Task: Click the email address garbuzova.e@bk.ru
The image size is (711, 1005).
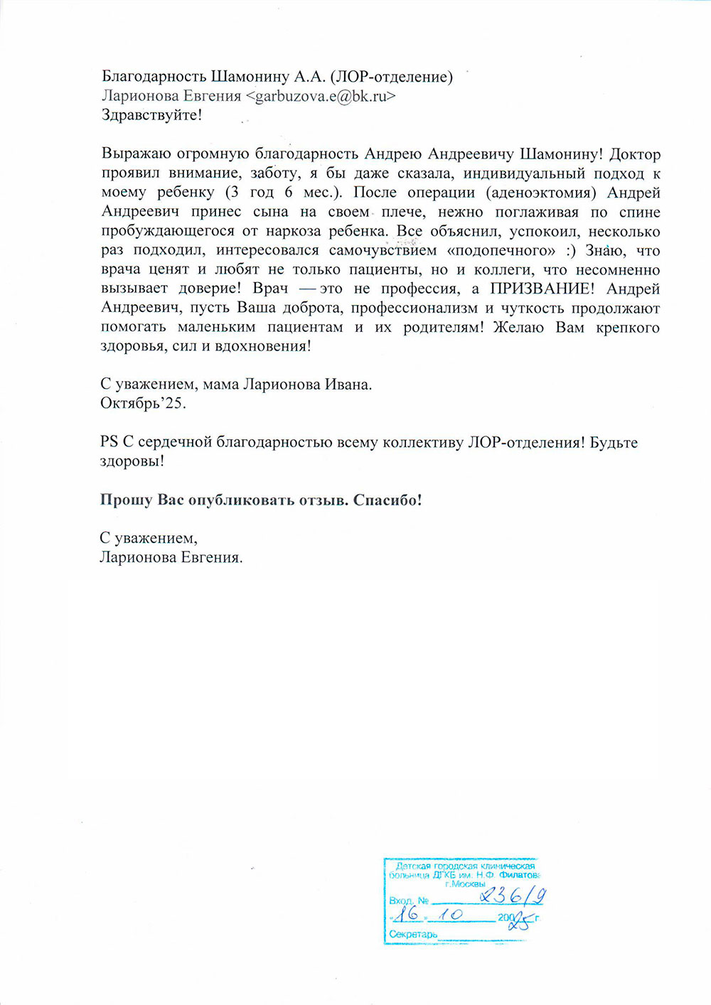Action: tap(321, 96)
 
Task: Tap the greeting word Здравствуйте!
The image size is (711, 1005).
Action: tap(151, 115)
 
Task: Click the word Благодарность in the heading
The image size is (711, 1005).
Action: tap(154, 77)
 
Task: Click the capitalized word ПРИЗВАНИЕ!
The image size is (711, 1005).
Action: tap(540, 289)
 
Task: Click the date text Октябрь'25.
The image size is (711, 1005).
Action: tap(143, 404)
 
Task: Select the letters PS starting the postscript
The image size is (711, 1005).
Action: tap(109, 442)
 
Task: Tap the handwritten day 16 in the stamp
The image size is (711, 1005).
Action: tap(407, 913)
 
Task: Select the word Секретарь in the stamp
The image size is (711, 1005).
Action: tap(413, 934)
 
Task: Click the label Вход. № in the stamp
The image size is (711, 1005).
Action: tap(409, 901)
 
